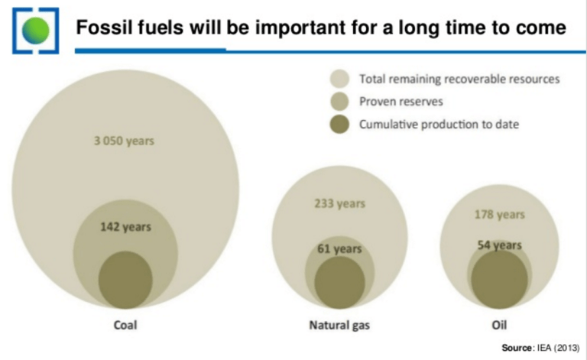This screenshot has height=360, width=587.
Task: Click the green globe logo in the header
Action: [x=35, y=30]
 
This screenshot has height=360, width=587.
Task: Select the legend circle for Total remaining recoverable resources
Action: [x=340, y=79]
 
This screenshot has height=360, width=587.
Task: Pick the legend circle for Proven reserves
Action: [x=340, y=102]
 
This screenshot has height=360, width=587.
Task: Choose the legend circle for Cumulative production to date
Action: [x=340, y=125]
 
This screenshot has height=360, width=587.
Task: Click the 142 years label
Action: [x=125, y=226]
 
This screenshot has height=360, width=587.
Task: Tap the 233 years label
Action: [x=339, y=203]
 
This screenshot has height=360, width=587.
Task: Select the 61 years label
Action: [x=339, y=248]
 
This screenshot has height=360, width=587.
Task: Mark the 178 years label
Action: [x=499, y=215]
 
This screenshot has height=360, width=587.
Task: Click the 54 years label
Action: [x=499, y=245]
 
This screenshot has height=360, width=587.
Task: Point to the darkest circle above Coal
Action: [x=125, y=280]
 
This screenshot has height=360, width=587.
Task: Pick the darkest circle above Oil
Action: [x=499, y=279]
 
